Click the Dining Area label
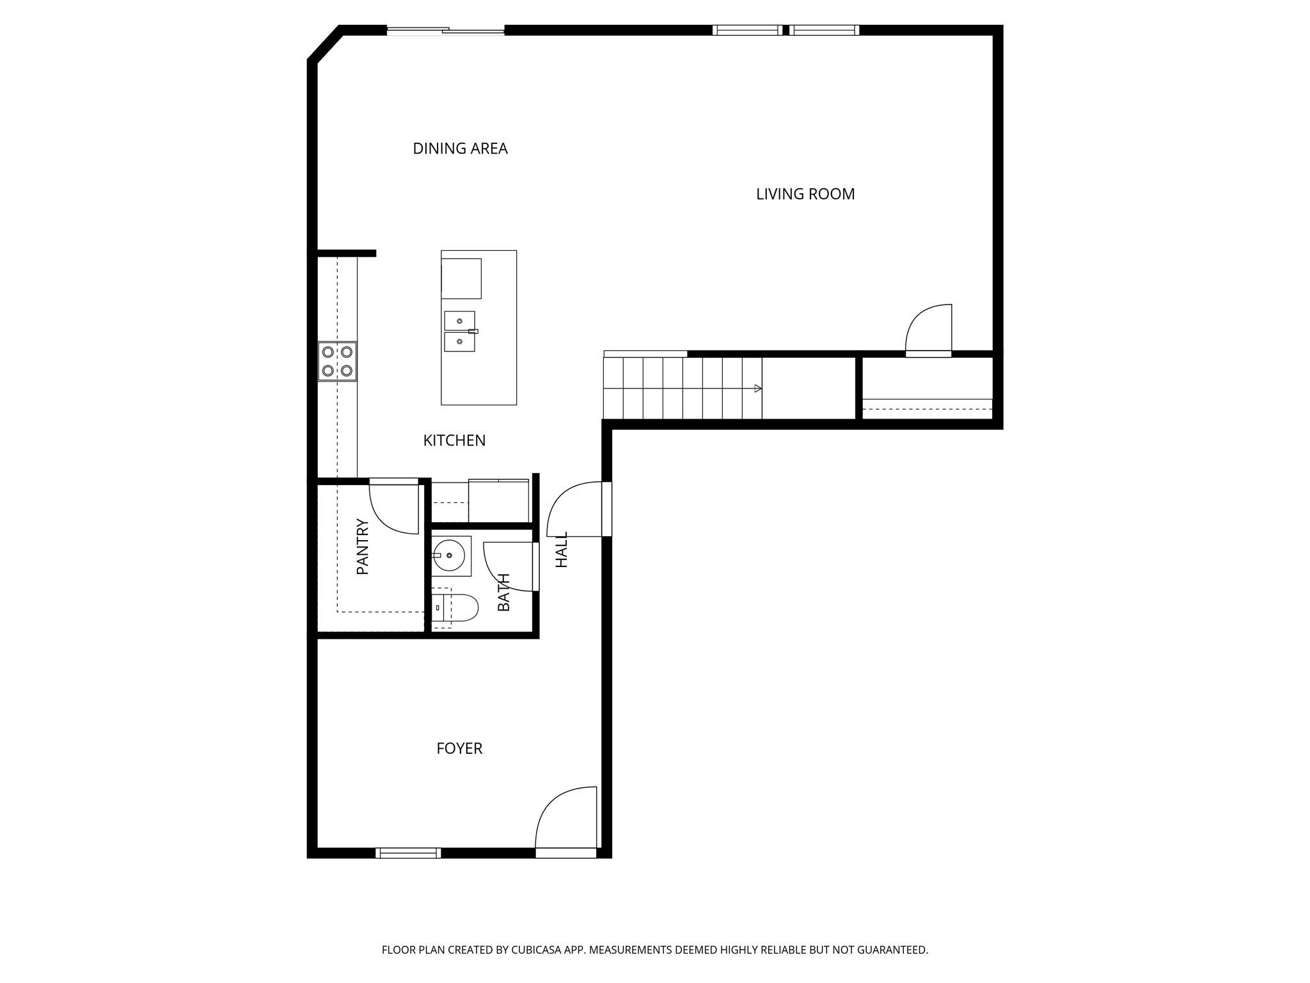click(x=460, y=148)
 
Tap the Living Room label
click(x=805, y=194)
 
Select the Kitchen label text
click(x=454, y=440)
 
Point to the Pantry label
click(x=363, y=546)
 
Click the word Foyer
click(x=459, y=748)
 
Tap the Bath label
click(x=503, y=592)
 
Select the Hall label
click(x=562, y=549)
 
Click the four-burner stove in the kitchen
click(x=337, y=361)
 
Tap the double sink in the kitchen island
click(x=460, y=332)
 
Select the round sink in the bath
click(x=450, y=555)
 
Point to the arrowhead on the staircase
click(x=758, y=388)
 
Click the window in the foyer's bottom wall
click(x=408, y=852)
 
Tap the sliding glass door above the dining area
click(x=446, y=30)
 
